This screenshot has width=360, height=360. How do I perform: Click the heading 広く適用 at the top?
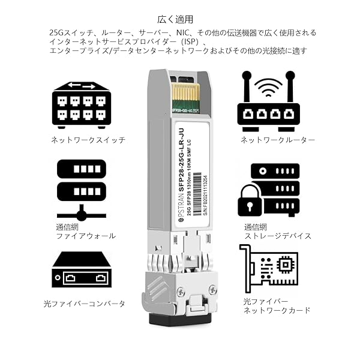coord(181,20)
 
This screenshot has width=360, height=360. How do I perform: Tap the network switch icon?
coord(80,105)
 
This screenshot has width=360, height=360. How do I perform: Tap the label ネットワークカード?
coord(277,311)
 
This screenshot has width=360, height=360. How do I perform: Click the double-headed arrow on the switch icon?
coord(80,85)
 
